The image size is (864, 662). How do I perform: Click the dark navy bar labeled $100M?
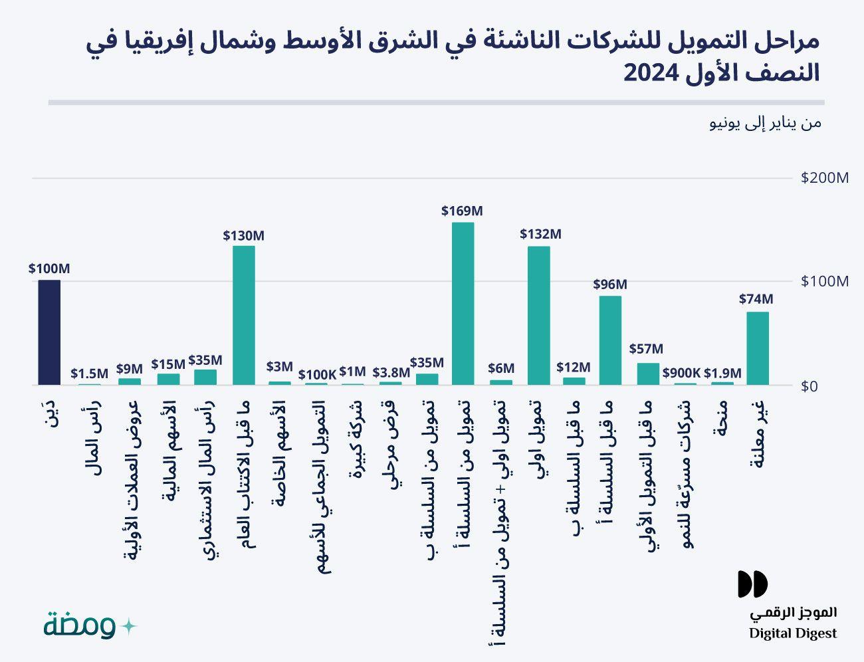(x=49, y=332)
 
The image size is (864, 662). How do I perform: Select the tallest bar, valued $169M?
(x=463, y=303)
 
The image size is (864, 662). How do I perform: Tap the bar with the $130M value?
(x=244, y=315)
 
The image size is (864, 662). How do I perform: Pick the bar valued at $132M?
(x=539, y=315)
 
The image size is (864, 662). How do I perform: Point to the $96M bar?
(x=610, y=340)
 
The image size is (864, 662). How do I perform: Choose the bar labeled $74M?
(x=758, y=348)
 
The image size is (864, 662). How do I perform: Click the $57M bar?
(x=648, y=374)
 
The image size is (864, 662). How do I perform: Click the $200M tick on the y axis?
(x=825, y=178)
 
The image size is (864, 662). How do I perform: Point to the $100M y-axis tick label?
(x=825, y=281)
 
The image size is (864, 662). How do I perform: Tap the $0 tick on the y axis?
(x=809, y=386)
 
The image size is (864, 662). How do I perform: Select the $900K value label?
(x=681, y=373)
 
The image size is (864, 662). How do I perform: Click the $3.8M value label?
(x=391, y=373)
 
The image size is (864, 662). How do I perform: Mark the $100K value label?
(x=317, y=374)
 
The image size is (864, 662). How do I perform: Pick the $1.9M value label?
(x=722, y=373)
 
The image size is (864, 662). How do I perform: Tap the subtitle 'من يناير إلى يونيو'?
(x=765, y=124)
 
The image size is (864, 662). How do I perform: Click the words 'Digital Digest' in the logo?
(x=793, y=633)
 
